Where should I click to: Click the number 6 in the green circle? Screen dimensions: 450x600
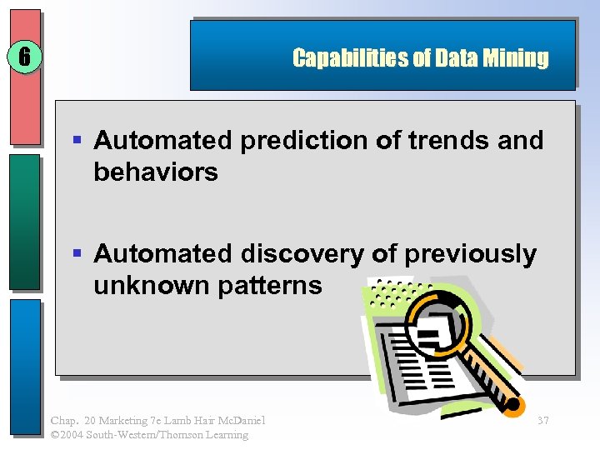point(24,57)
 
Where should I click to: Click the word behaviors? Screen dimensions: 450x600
point(156,172)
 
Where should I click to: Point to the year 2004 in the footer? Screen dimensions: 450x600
point(76,434)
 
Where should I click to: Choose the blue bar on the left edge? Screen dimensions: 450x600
point(24,367)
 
